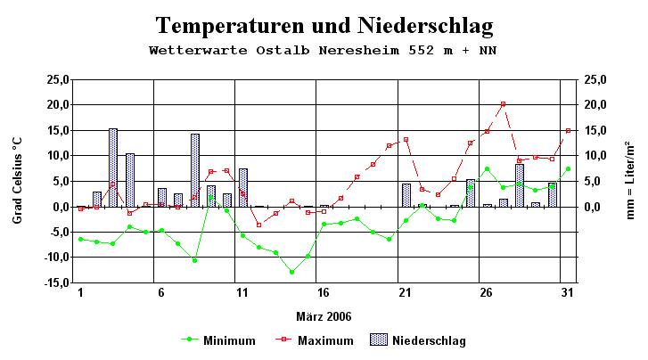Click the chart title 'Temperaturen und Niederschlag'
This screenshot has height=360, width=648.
(x=324, y=24)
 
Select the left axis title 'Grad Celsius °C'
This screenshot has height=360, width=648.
(x=17, y=181)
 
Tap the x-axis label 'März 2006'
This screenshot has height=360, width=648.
(x=324, y=316)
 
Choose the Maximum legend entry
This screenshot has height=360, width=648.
(x=312, y=340)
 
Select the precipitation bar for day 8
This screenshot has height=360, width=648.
(x=194, y=170)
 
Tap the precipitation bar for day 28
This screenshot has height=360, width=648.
(x=520, y=185)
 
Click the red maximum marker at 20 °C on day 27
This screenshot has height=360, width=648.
(x=504, y=104)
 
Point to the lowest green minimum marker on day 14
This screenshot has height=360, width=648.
(x=291, y=272)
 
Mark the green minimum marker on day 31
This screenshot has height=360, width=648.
(x=568, y=168)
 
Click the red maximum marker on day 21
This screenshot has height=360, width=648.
(x=406, y=140)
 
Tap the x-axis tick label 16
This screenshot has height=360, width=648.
(x=324, y=293)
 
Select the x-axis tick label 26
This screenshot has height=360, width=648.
(x=486, y=293)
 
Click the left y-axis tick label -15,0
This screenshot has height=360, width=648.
(x=56, y=283)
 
